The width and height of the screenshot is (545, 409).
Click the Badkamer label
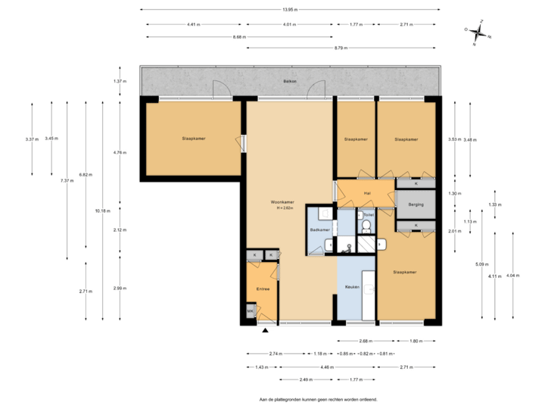pos(319,229)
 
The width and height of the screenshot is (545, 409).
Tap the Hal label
pos(367,193)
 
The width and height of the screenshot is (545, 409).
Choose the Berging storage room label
pos(416,204)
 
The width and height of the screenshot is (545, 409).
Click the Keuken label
pos(351,288)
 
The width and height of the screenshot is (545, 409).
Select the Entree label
pos(263,289)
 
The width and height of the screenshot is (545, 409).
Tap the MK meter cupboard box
pos(251,311)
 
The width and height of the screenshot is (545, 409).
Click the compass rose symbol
pos(477,32)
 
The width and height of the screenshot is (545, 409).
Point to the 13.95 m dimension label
pos(289,10)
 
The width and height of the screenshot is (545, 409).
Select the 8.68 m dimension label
pos(238,36)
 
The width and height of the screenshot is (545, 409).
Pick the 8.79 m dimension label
pos(341,48)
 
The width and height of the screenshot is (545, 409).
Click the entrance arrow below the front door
pos(266,330)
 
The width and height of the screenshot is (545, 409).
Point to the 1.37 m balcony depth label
pos(119,81)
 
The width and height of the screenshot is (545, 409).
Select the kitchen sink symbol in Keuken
pos(369,288)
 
